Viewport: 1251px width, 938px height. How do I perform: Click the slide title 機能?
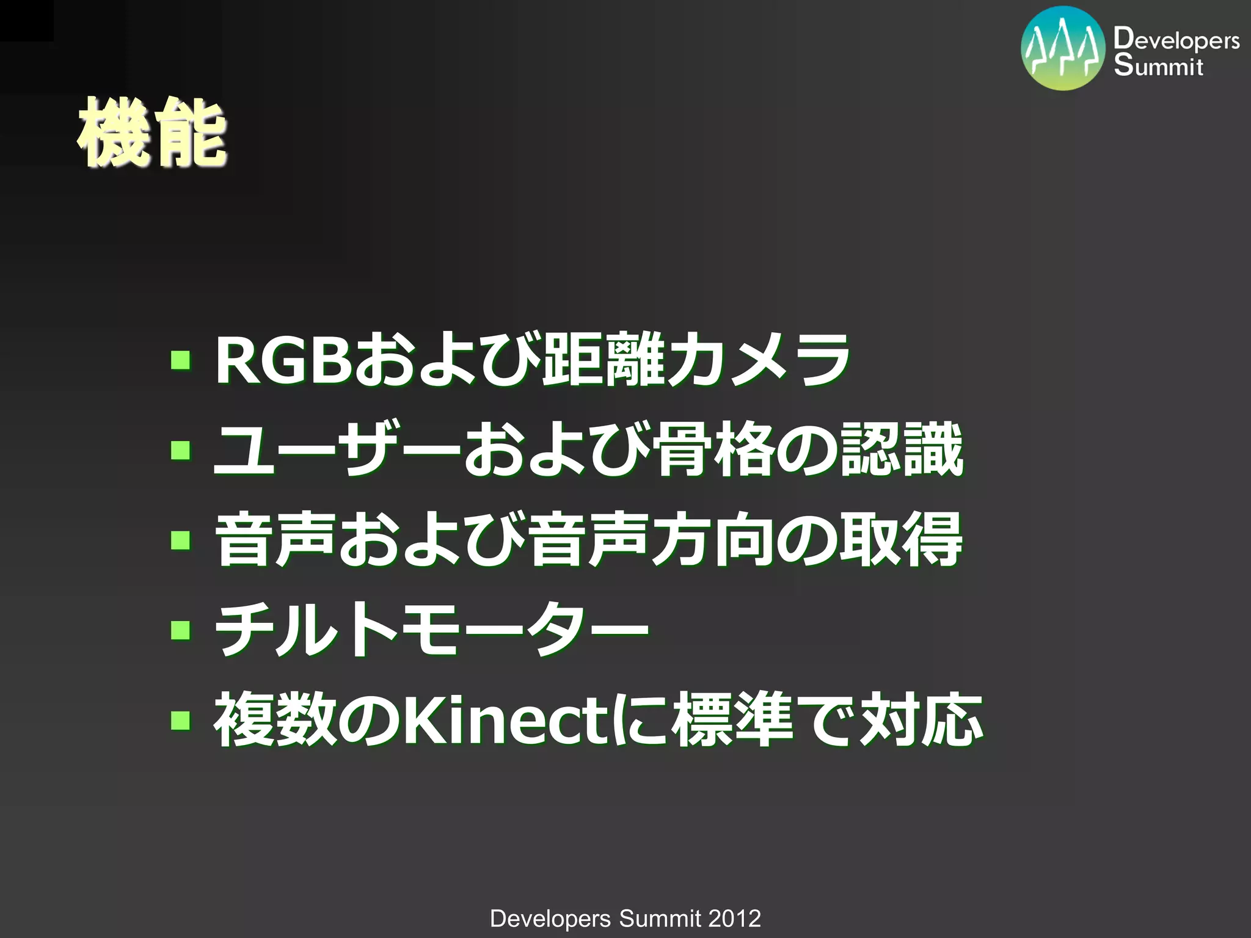click(x=151, y=133)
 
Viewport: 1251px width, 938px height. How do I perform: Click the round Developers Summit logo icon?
click(x=1063, y=49)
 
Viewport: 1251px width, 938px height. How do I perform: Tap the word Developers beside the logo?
click(x=1176, y=40)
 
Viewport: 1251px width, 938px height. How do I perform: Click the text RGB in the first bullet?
click(x=284, y=361)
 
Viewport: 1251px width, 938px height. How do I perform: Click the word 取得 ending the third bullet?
click(x=902, y=540)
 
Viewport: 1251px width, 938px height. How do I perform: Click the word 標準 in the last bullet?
click(x=733, y=721)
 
